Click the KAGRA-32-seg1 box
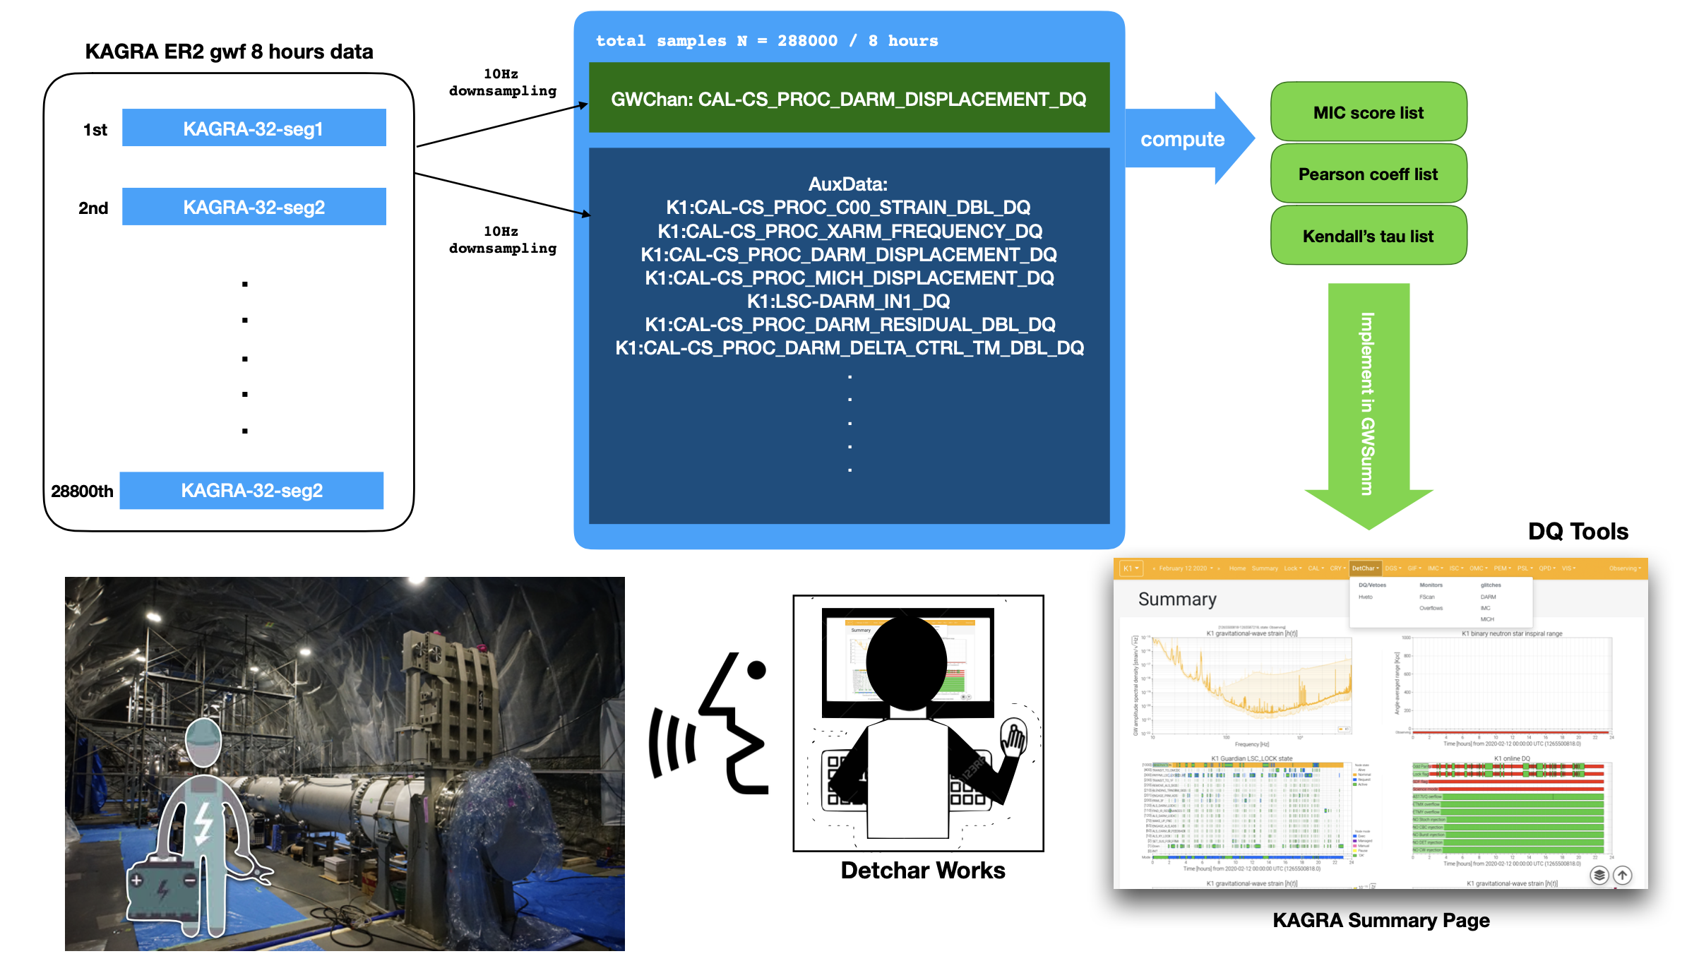[x=254, y=128]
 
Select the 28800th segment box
[x=251, y=491]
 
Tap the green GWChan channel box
[x=849, y=98]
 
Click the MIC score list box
[x=1368, y=112]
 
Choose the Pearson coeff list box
[x=1368, y=174]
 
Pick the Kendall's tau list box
[x=1368, y=236]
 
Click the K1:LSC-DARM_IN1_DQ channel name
[x=848, y=302]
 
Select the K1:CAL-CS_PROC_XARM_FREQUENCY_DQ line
[x=849, y=232]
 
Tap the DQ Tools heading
[x=1578, y=532]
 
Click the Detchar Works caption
[x=922, y=871]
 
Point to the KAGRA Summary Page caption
[x=1381, y=921]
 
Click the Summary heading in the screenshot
[x=1177, y=599]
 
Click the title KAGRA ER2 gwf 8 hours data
[x=229, y=52]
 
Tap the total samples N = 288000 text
[x=767, y=41]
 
